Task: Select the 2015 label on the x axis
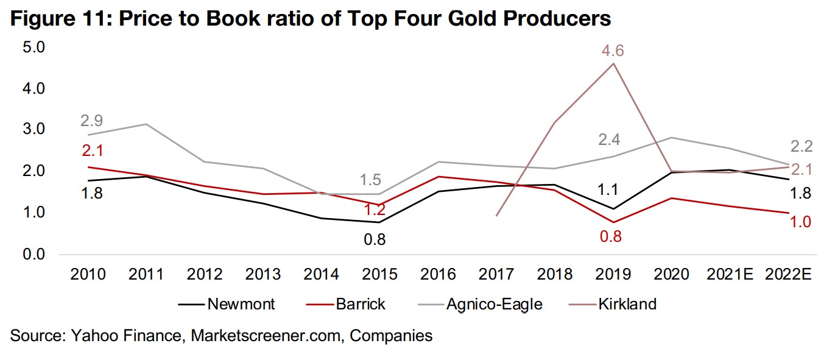(378, 275)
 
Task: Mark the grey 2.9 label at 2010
(91, 121)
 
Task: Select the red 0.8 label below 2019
(611, 237)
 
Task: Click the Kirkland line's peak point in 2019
(613, 63)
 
